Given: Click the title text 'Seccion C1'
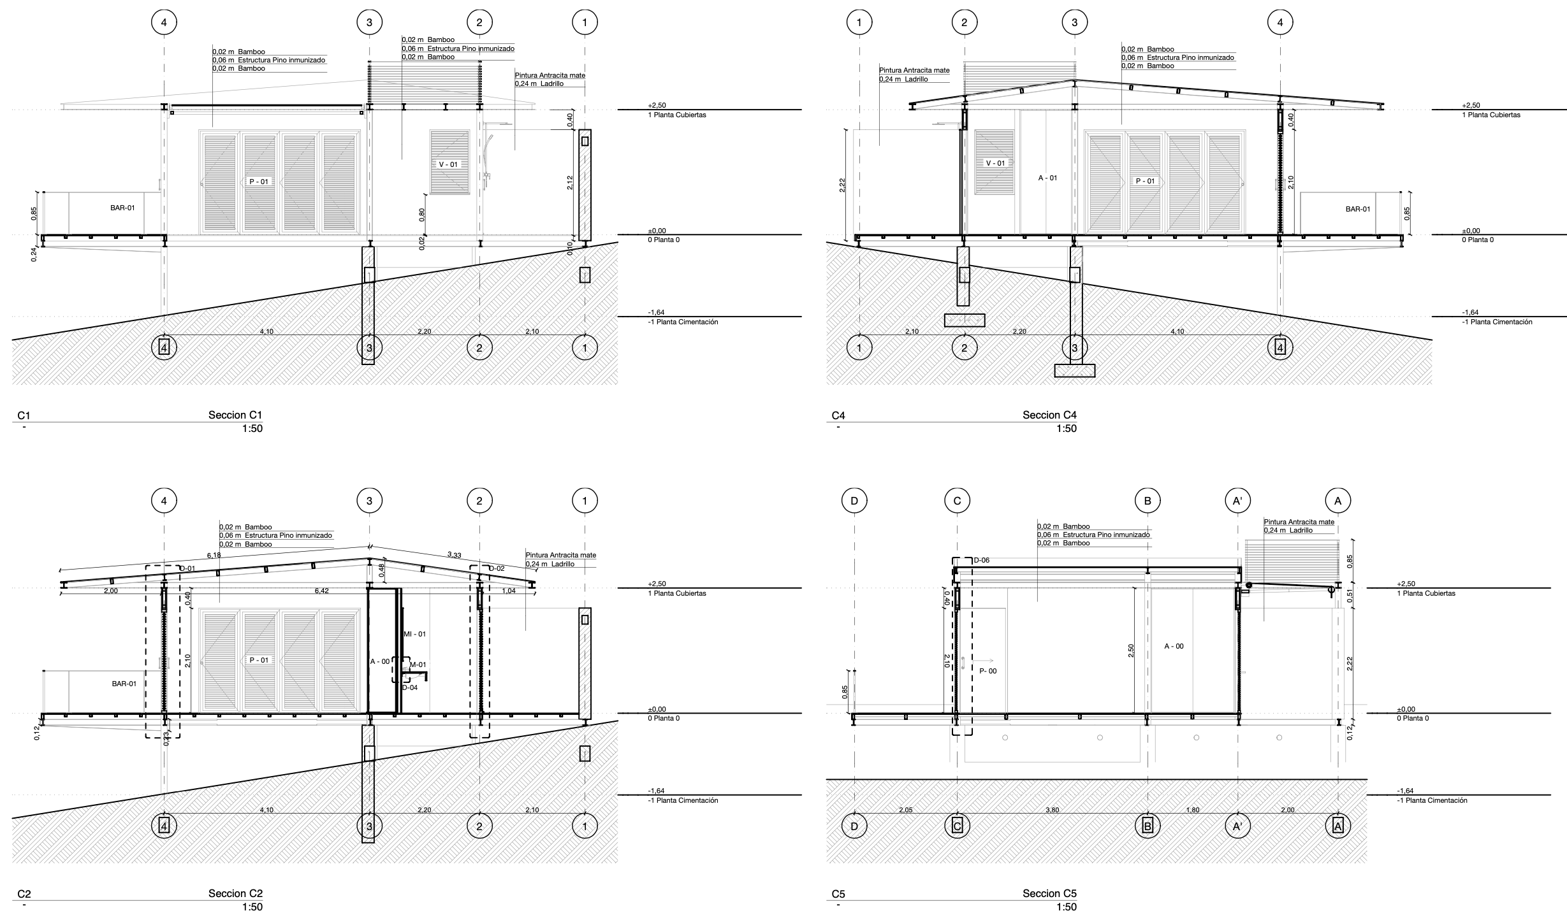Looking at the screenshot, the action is pyautogui.click(x=235, y=415).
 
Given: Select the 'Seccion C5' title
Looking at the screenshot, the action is pyautogui.click(x=1049, y=894).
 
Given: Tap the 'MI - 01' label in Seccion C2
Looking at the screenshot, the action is pyautogui.click(x=414, y=634).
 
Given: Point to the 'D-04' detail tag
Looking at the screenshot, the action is pyautogui.click(x=410, y=687).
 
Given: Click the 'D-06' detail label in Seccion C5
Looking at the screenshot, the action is pyautogui.click(x=981, y=561).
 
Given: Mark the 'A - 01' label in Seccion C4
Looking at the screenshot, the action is pyautogui.click(x=1047, y=178).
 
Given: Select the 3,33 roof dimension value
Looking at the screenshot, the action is pyautogui.click(x=454, y=555).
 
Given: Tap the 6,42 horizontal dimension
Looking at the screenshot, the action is pyautogui.click(x=321, y=591).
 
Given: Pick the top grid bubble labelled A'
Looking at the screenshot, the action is pyautogui.click(x=1237, y=501).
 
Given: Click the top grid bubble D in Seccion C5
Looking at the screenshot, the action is pyautogui.click(x=854, y=501).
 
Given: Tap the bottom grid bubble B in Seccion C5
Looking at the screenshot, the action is pyautogui.click(x=1148, y=826).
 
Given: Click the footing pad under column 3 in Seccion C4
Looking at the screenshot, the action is pyautogui.click(x=1075, y=370).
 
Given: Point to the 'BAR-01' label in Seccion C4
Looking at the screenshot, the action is pyautogui.click(x=1357, y=209).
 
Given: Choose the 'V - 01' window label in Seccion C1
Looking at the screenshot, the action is pyautogui.click(x=448, y=164).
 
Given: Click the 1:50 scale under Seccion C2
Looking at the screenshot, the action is pyautogui.click(x=252, y=907).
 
